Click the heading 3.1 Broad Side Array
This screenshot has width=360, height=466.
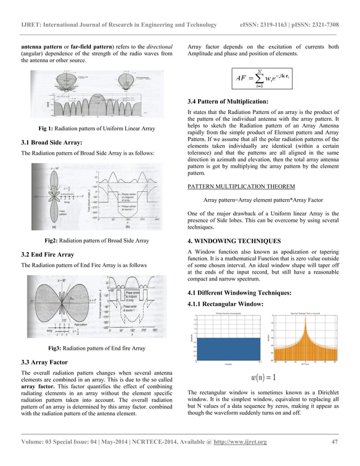[51, 142]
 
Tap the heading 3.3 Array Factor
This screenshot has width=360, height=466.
[43, 362]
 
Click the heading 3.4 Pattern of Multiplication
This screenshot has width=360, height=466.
[227, 102]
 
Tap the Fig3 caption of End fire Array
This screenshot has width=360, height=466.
[96, 348]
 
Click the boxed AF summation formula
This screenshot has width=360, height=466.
[264, 79]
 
